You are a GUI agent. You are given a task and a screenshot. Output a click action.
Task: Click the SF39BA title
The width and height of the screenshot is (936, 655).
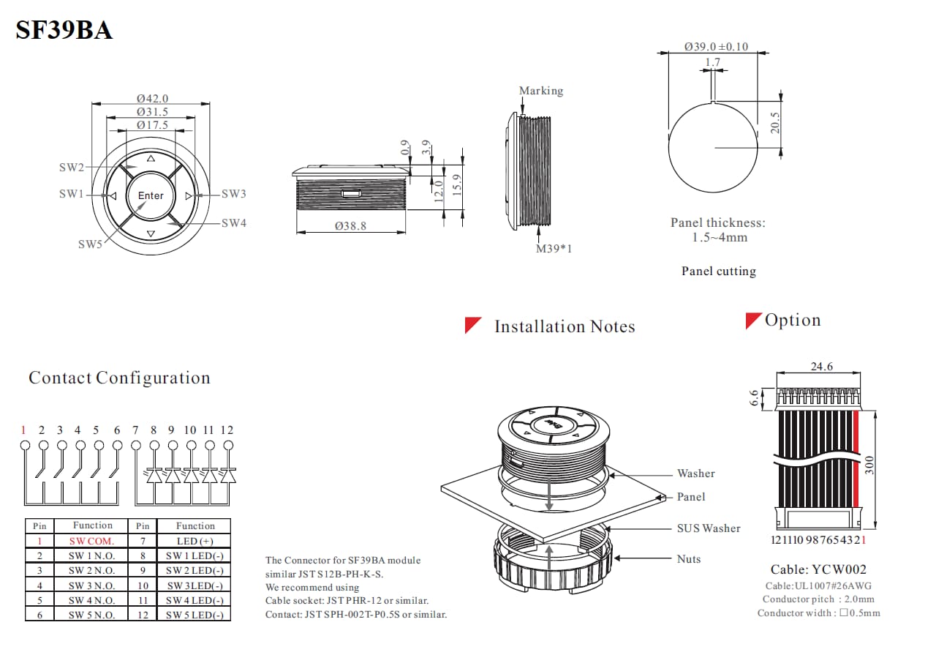coord(64,31)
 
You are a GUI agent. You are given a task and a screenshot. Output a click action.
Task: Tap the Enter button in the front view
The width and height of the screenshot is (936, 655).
coord(151,195)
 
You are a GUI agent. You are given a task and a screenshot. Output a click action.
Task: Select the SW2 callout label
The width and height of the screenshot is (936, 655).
coord(72,168)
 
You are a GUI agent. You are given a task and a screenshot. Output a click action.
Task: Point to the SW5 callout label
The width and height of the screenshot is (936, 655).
coord(91,244)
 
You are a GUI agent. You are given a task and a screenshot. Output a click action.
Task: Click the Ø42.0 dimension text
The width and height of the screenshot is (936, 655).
coord(152,98)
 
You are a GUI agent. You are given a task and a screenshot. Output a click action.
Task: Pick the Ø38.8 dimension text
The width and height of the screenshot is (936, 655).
coord(350,226)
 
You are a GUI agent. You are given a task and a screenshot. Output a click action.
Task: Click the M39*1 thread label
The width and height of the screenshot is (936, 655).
coord(554,248)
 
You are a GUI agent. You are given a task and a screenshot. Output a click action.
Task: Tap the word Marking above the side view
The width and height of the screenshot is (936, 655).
coord(541,91)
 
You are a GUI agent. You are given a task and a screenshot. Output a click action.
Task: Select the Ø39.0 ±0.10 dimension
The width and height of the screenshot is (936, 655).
coord(716,46)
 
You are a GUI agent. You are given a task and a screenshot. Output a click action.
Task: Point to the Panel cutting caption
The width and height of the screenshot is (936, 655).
coord(719,271)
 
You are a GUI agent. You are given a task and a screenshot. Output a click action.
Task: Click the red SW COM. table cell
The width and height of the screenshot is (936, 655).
coord(92,541)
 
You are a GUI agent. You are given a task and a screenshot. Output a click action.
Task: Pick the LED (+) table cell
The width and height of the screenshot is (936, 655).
coord(195,541)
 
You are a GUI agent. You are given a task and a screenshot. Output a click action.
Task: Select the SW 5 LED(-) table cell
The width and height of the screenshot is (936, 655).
coord(195,615)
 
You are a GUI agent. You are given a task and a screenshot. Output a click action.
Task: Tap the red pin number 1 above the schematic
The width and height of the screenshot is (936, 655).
coord(23,430)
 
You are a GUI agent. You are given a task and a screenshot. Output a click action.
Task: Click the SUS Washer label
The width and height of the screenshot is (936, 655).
coord(709,528)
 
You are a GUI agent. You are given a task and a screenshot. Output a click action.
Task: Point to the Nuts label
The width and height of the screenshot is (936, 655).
coord(689,559)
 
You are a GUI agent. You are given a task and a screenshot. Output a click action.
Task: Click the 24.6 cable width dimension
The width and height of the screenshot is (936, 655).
coord(822,367)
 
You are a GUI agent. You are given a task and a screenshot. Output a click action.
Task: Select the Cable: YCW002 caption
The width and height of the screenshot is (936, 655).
coord(818,569)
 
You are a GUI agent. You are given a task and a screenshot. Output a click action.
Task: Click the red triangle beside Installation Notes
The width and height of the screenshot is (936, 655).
coord(472,325)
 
